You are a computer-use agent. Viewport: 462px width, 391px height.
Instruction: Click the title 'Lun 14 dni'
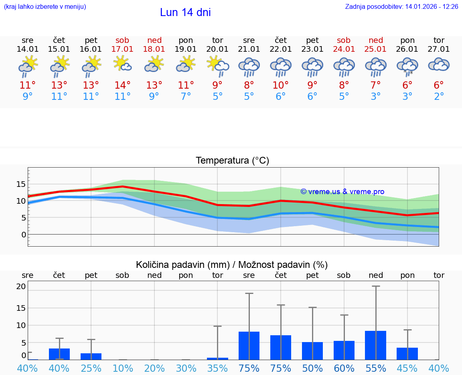185,12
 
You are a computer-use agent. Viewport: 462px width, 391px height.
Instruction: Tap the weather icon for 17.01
123,64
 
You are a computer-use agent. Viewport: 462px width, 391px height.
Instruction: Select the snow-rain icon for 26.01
407,66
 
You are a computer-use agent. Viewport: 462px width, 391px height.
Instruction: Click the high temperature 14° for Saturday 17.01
123,85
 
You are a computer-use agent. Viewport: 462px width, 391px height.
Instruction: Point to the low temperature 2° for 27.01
439,97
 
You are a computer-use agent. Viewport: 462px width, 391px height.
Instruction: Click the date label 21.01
249,49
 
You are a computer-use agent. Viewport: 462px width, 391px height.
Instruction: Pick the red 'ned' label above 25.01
376,40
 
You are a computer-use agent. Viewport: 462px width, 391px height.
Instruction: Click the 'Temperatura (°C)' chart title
232,161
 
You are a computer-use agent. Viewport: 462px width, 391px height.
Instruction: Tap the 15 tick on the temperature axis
21,184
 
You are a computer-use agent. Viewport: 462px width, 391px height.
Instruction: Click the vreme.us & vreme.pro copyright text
342,192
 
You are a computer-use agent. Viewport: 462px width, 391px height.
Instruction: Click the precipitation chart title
232,265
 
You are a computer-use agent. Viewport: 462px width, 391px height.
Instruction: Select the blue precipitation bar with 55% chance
376,345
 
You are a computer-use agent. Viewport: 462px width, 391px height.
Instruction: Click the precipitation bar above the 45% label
407,354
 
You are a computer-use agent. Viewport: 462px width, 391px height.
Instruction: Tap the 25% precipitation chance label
91,369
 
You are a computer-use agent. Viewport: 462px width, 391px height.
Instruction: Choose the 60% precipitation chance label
344,369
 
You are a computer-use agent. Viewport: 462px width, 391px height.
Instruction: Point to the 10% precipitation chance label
123,369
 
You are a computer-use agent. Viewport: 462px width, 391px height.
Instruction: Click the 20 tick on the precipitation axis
21,286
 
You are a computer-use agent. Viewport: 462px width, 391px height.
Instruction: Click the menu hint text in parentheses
45,7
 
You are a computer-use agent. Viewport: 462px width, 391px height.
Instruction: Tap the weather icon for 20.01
218,65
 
